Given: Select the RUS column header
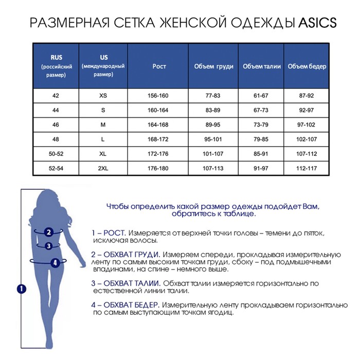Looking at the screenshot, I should [x=57, y=66].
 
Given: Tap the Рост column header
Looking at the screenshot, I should [x=159, y=66].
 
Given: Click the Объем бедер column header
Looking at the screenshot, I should [x=307, y=66].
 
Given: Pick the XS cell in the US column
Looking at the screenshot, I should [x=103, y=96].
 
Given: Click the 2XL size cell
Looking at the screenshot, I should [x=103, y=168].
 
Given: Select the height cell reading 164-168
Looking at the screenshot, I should [x=159, y=124].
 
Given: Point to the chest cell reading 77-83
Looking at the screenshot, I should [x=213, y=96].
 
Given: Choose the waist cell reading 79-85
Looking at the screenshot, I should [x=262, y=139].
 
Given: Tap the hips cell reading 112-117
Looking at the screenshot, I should [x=307, y=168].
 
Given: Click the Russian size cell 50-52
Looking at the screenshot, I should [x=56, y=154].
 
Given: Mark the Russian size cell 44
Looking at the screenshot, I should [x=56, y=110].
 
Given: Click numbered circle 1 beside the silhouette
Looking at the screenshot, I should [x=21, y=289].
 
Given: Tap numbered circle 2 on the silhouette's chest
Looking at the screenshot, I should [x=48, y=232].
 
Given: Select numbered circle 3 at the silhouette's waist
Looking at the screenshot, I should [x=49, y=246].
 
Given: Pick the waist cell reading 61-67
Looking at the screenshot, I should [x=262, y=96].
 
